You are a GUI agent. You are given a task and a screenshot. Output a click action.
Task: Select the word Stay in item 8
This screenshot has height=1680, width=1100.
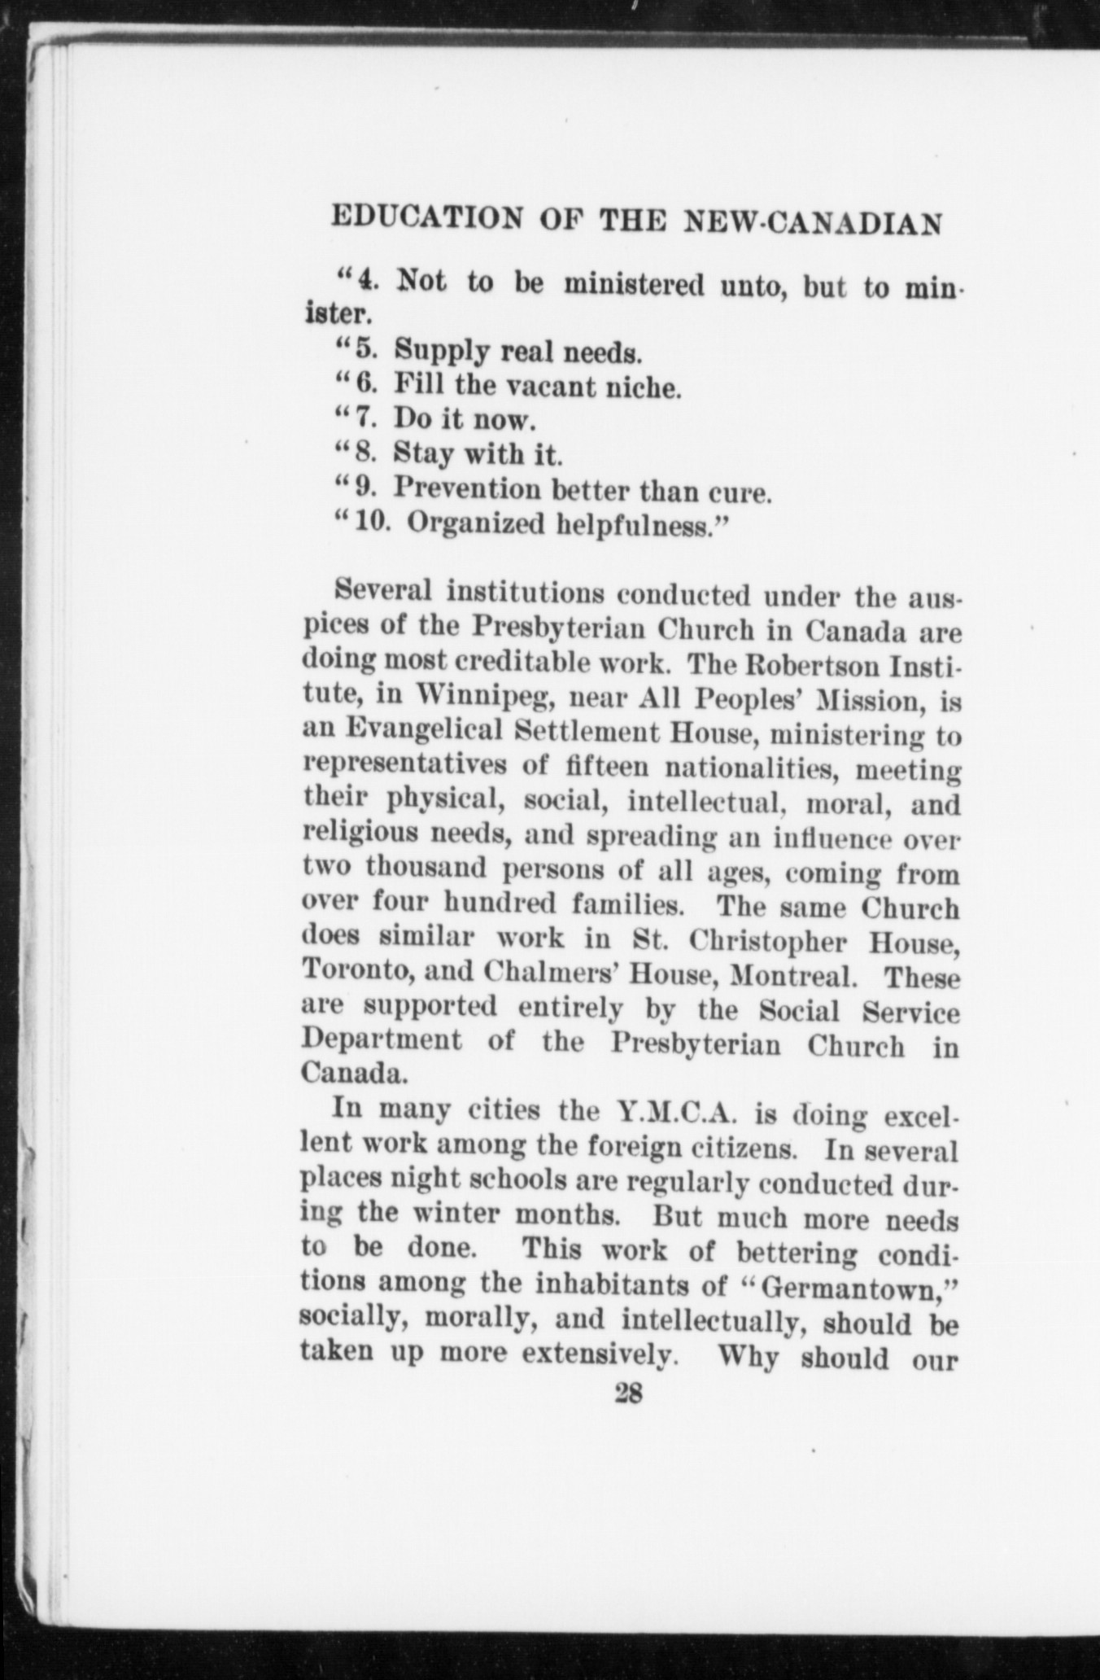click(x=423, y=453)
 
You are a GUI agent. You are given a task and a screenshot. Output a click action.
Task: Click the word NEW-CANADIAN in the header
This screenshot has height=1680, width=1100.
click(x=814, y=221)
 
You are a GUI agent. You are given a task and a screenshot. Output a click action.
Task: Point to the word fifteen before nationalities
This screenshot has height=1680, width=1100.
click(x=605, y=766)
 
